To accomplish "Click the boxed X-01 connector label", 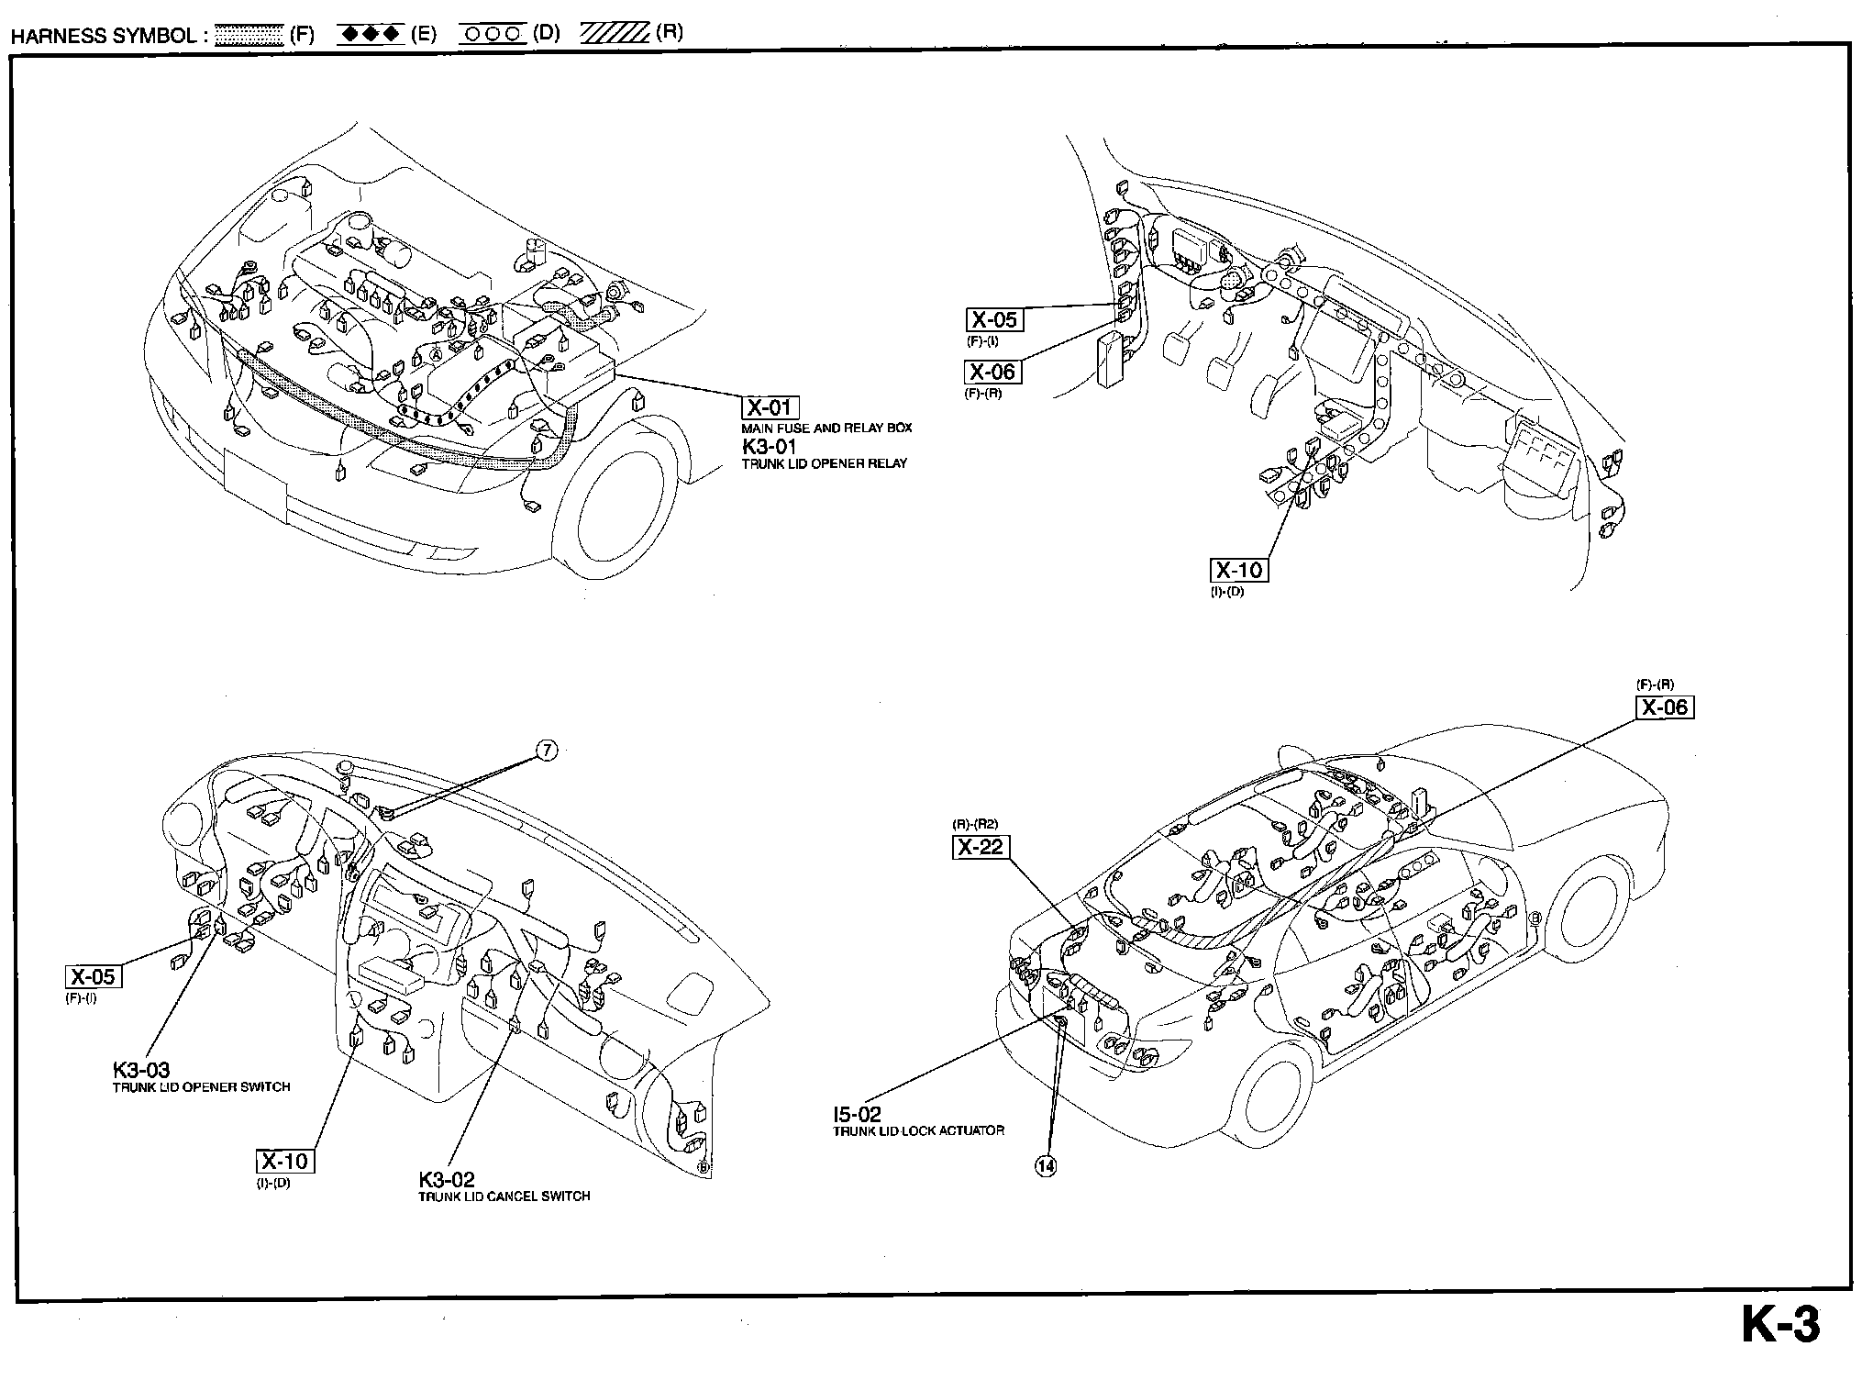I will click(770, 408).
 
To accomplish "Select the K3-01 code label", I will click(770, 447).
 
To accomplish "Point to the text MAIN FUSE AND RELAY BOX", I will click(826, 428).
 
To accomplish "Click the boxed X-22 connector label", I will click(981, 846).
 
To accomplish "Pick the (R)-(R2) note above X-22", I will click(975, 824).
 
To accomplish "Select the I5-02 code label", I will click(857, 1115).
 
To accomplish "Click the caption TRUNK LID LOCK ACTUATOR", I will click(918, 1131).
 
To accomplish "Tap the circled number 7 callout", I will click(546, 751).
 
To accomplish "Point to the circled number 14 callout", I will click(1046, 1166).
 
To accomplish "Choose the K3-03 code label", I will click(141, 1070).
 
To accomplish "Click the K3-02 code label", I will click(447, 1179).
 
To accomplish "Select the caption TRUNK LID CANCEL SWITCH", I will click(504, 1196).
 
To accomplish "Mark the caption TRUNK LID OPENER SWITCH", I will click(201, 1087).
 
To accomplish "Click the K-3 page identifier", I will click(1780, 1326).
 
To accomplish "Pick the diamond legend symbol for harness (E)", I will click(370, 35).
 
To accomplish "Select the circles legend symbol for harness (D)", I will click(493, 35).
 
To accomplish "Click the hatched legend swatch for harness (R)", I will click(614, 35).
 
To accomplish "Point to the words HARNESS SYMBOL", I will click(103, 36).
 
